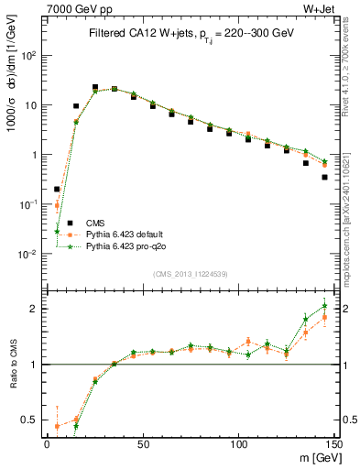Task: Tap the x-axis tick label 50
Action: click(x=143, y=444)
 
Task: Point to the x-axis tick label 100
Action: click(x=238, y=444)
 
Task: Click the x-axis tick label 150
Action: click(x=333, y=444)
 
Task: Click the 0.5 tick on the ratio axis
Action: click(x=29, y=420)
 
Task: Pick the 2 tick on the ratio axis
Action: click(x=33, y=309)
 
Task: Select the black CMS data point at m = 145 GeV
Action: click(x=324, y=177)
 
